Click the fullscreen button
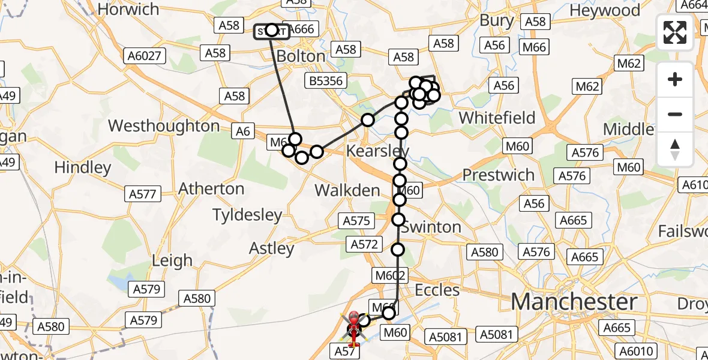675,32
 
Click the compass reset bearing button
675,149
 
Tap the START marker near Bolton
271,31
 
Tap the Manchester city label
574,302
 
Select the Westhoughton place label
164,126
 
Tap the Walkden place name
347,191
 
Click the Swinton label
431,227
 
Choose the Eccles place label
437,290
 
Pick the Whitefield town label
497,118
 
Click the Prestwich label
498,175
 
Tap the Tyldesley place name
247,214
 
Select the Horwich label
128,10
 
